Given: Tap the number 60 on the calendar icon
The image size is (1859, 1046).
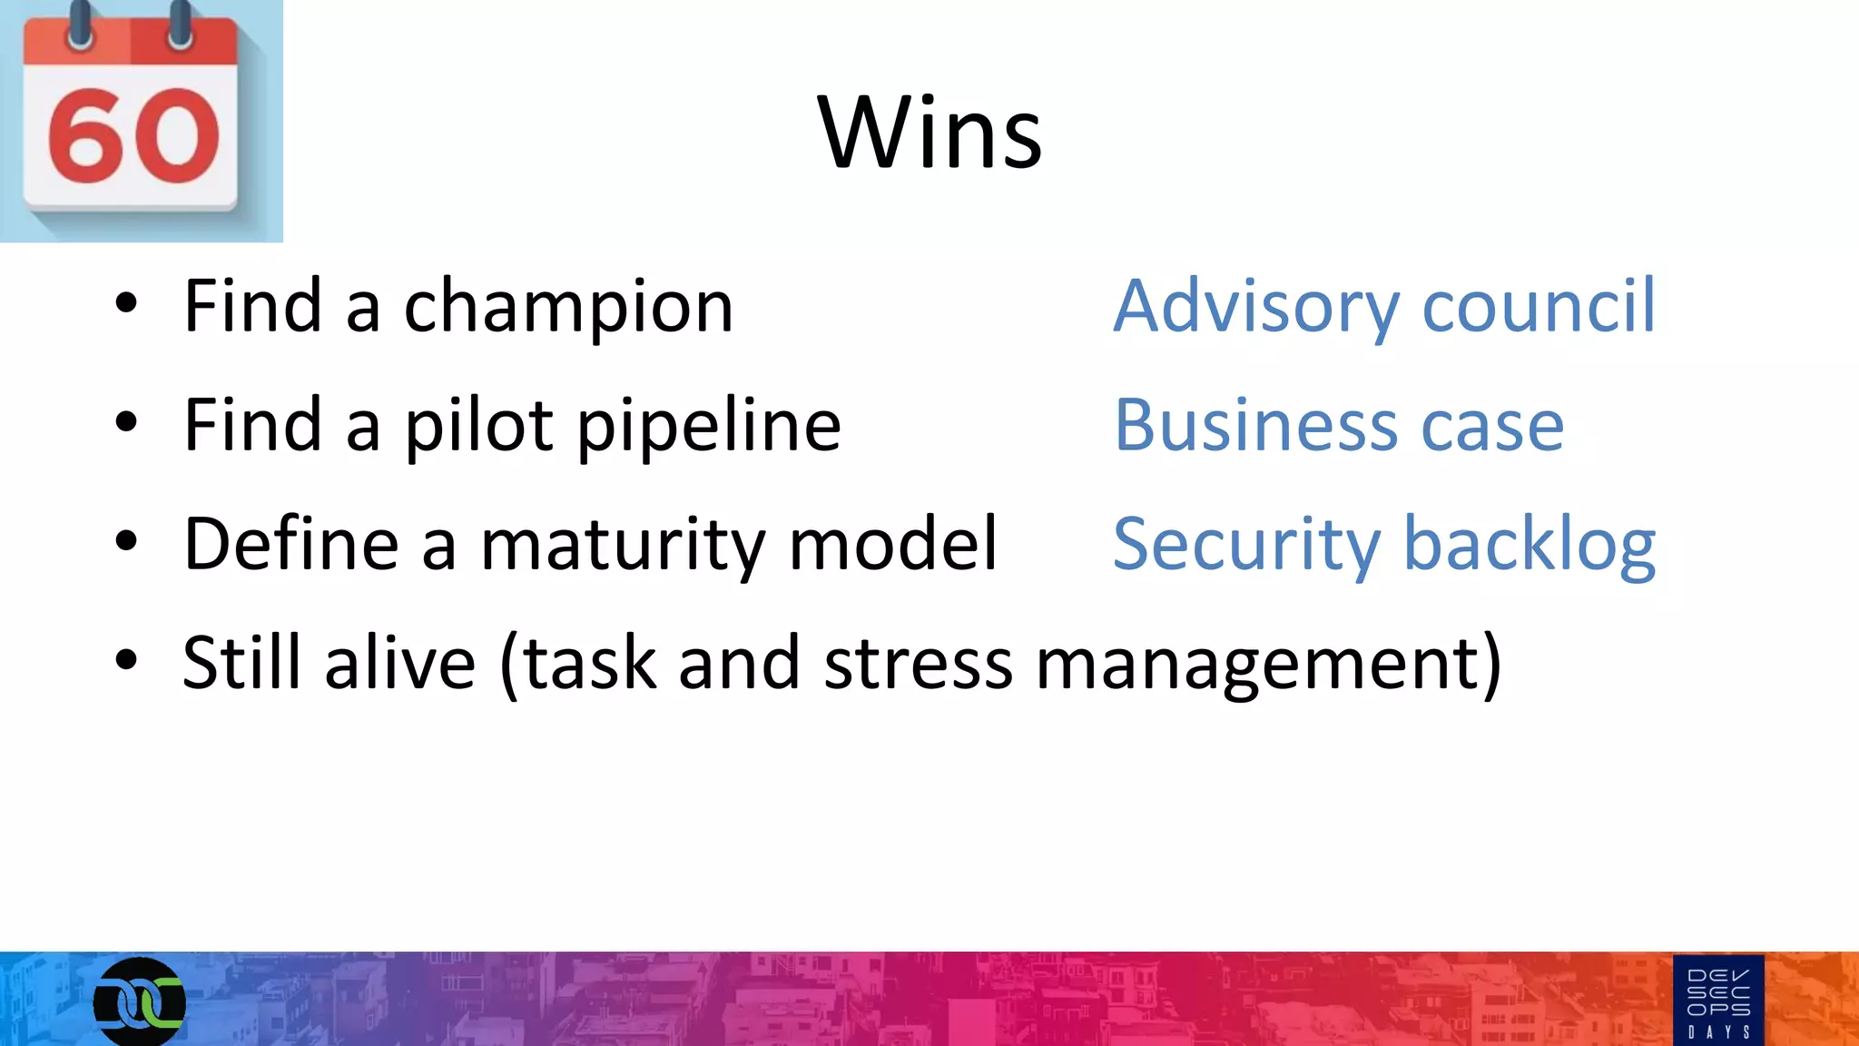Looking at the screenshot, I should (x=133, y=136).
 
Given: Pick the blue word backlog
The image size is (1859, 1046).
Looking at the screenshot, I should (x=1529, y=546).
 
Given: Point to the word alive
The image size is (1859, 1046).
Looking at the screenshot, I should (x=399, y=663).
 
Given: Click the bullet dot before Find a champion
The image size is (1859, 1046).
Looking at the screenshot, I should (x=126, y=304).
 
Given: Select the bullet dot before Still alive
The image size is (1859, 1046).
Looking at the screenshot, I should (x=126, y=660).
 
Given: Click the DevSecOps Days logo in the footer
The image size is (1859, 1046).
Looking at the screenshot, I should (x=1718, y=1001).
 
